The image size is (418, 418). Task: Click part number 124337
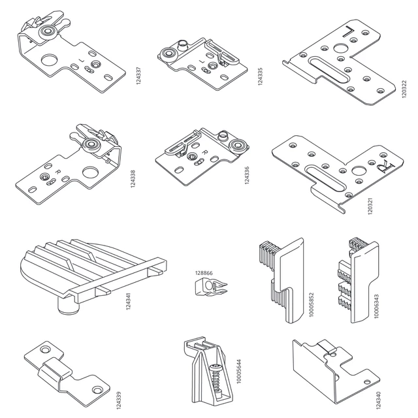point(138,76)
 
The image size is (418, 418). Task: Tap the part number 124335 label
point(260,76)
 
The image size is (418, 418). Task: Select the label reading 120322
point(404,89)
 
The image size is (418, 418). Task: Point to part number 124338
point(133,179)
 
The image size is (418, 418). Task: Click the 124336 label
point(247,175)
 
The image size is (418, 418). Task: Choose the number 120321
point(370,206)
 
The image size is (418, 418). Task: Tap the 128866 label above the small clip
point(204,273)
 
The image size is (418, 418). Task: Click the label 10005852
point(312,305)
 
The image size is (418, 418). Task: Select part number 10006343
point(376,306)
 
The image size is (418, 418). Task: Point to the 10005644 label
point(239,372)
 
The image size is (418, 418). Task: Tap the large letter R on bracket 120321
point(386,167)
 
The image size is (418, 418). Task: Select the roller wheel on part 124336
point(237,146)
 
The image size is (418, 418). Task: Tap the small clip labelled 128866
point(211,287)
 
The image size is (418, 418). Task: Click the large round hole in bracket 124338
point(90,172)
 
